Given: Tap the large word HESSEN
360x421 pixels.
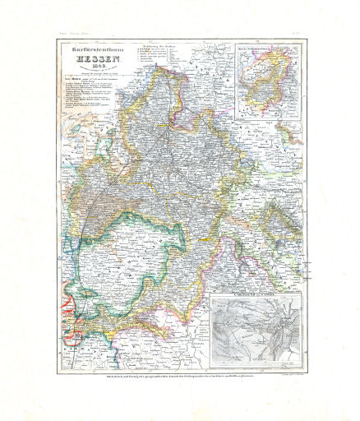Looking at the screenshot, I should coord(88,59).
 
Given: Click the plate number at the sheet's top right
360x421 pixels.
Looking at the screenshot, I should coord(302,33).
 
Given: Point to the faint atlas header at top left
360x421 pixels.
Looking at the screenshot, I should coord(70,33).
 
